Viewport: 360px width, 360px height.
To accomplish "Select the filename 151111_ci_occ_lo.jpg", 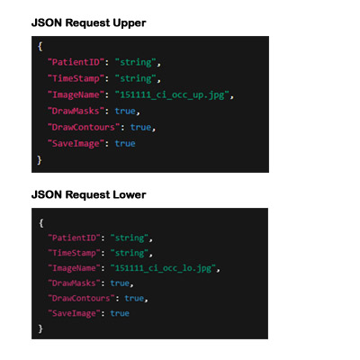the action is pyautogui.click(x=163, y=268).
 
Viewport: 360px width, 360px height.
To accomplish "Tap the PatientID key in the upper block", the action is pyautogui.click(x=76, y=62).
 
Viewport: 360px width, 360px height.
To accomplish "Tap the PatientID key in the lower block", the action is pyautogui.click(x=74, y=238).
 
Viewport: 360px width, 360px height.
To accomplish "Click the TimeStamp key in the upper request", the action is pyautogui.click(x=76, y=78).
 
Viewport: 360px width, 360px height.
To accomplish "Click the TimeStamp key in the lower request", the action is pyautogui.click(x=74, y=253).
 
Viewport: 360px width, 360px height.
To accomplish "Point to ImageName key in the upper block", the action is pyautogui.click(x=76, y=95).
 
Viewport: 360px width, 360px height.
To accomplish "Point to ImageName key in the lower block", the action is pyautogui.click(x=74, y=268).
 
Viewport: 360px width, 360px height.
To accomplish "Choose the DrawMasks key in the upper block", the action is pyautogui.click(x=76, y=111).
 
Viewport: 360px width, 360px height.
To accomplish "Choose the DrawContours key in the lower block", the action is pyautogui.click(x=81, y=298).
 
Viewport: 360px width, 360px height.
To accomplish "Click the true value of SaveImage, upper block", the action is pyautogui.click(x=125, y=143).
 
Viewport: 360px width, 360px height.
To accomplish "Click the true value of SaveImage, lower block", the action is pyautogui.click(x=120, y=313).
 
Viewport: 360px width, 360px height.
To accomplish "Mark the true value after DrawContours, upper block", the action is pyautogui.click(x=140, y=127).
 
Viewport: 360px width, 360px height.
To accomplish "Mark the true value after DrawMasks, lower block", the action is pyautogui.click(x=120, y=283).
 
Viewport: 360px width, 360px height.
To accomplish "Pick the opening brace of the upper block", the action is pyautogui.click(x=40, y=47).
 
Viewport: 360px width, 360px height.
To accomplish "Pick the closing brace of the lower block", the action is pyautogui.click(x=40, y=328).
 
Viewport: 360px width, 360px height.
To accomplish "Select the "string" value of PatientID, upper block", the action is pyautogui.click(x=136, y=62).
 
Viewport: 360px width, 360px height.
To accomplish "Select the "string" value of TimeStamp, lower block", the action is pyautogui.click(x=130, y=253).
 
